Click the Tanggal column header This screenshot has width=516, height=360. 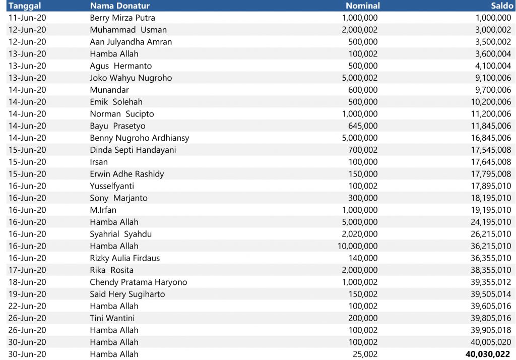(25, 6)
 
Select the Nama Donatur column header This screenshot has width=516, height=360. (119, 6)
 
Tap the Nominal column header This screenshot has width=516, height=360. (362, 6)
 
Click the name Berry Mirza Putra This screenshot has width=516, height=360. (122, 18)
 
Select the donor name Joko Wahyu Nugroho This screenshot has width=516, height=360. (131, 78)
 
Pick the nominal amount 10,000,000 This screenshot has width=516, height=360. (357, 246)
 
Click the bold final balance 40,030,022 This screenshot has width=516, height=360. (488, 354)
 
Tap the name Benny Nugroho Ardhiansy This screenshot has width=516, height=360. (140, 138)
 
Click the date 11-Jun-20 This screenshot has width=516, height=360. (27, 18)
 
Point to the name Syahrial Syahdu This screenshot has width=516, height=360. (120, 234)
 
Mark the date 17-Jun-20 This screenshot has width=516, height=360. (27, 270)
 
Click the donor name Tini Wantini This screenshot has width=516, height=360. (112, 318)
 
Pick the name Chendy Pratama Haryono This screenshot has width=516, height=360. (138, 282)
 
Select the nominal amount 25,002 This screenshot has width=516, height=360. (365, 354)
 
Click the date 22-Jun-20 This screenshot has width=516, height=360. (27, 306)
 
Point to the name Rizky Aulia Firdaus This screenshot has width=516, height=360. (124, 258)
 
